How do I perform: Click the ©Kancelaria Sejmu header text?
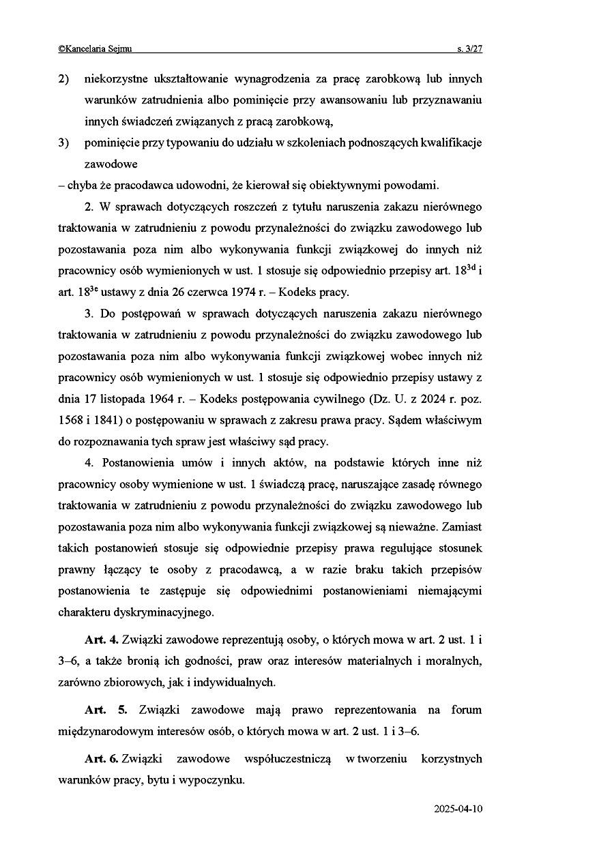tap(96, 49)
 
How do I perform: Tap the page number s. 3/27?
tap(469, 49)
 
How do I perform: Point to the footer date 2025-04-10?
tap(458, 809)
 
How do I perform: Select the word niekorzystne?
tap(112, 79)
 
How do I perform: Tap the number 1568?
tap(71, 420)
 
